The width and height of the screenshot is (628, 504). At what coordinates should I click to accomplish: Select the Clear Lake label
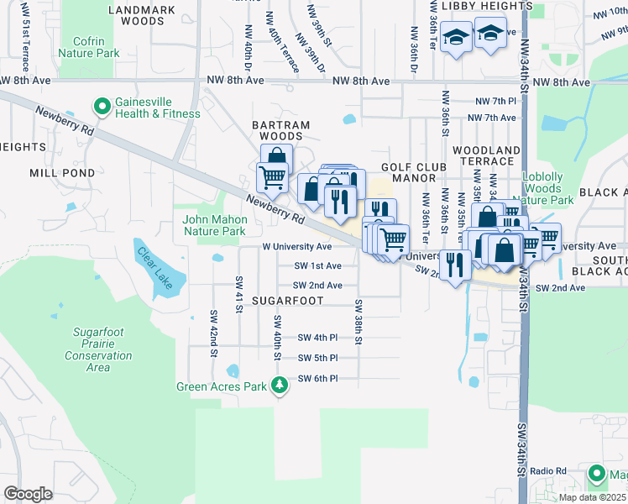[x=155, y=267]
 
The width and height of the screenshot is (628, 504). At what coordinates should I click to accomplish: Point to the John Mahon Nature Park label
[x=214, y=225]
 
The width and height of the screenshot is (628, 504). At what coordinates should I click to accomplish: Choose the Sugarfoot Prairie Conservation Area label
[x=98, y=349]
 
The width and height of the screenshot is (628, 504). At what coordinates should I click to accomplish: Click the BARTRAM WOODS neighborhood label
[x=281, y=130]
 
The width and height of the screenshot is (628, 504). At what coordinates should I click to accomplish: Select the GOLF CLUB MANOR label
[x=407, y=172]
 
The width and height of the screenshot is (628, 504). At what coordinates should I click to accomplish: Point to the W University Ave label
[x=296, y=247]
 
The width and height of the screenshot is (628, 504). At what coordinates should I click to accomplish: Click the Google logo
[x=28, y=494]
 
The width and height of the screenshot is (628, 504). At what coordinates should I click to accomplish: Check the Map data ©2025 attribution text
[x=593, y=497]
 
